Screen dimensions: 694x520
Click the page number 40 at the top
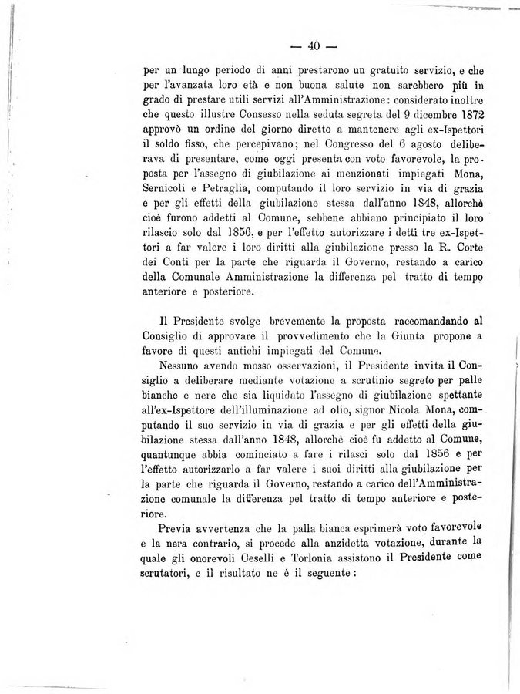tap(313, 45)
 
